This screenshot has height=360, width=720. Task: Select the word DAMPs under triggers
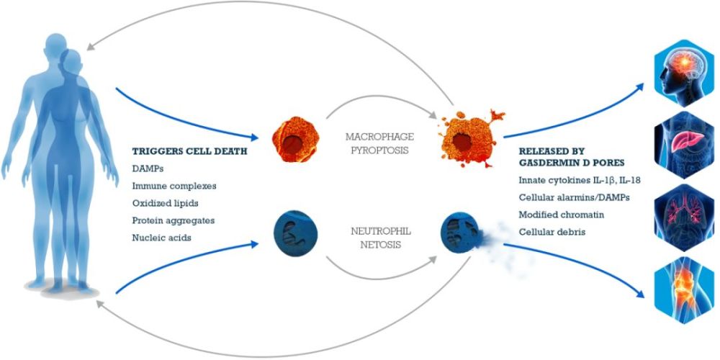[x=147, y=168]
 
